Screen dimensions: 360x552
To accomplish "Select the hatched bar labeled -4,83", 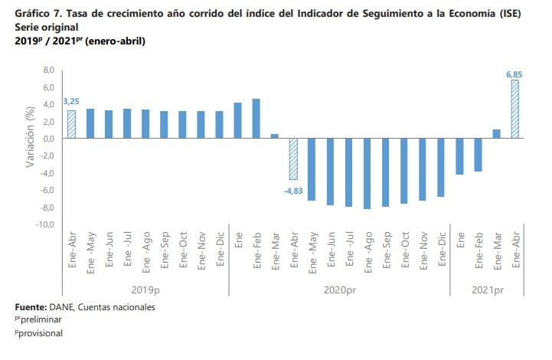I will click(293, 159).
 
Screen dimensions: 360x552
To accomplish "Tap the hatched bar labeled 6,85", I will click(514, 110).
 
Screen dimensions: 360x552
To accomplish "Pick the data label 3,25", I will click(71, 101).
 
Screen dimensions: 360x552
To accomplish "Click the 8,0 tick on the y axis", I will click(47, 70).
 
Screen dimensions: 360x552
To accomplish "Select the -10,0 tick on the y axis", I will click(45, 225).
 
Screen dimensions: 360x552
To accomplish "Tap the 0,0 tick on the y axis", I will click(47, 139).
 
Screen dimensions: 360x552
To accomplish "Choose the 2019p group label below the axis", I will click(145, 290).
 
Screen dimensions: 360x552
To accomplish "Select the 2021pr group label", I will click(487, 290).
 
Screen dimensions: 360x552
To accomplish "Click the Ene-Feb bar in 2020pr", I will click(256, 119).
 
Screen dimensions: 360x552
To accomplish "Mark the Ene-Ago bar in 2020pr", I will click(367, 173).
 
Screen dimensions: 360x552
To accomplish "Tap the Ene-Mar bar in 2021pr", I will click(496, 134).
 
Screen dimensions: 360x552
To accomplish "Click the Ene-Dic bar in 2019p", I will click(219, 125).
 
